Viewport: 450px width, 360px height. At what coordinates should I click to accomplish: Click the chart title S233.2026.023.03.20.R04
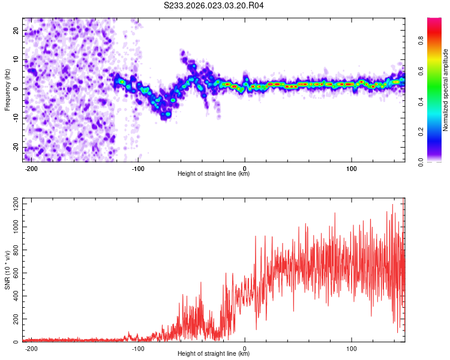coord(214,5)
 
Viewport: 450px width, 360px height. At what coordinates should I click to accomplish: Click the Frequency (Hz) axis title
coord(7,89)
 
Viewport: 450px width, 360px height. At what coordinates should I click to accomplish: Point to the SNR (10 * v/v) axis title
coord(7,269)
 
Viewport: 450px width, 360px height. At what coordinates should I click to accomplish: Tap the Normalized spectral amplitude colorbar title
coord(446,90)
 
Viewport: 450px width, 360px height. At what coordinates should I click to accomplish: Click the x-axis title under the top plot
coord(214,174)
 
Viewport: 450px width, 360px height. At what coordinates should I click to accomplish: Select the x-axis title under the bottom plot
coord(214,354)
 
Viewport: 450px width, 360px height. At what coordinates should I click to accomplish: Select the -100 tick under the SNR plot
coord(138,347)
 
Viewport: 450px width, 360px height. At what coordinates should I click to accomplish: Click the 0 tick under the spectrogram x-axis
coord(245,167)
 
